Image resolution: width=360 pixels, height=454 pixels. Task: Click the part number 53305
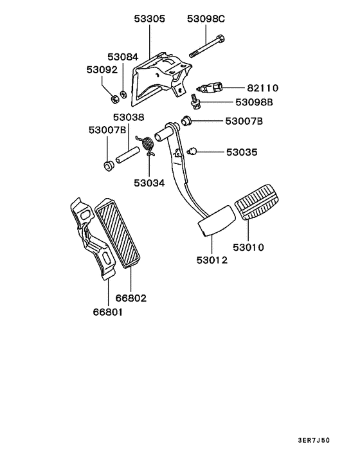pyautogui.click(x=149, y=19)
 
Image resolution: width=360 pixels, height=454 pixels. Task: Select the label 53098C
pyautogui.click(x=206, y=19)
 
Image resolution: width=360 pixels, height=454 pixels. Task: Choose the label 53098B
pyautogui.click(x=254, y=102)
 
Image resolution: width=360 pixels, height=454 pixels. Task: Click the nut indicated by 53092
pyautogui.click(x=114, y=98)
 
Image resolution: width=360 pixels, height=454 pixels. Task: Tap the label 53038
pyautogui.click(x=129, y=118)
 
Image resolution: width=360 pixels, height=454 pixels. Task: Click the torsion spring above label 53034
pyautogui.click(x=148, y=144)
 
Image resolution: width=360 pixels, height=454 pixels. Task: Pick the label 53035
pyautogui.click(x=242, y=152)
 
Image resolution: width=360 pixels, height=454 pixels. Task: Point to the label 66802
pyautogui.click(x=131, y=298)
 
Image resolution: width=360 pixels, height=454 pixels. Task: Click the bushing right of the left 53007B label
pyautogui.click(x=108, y=167)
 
